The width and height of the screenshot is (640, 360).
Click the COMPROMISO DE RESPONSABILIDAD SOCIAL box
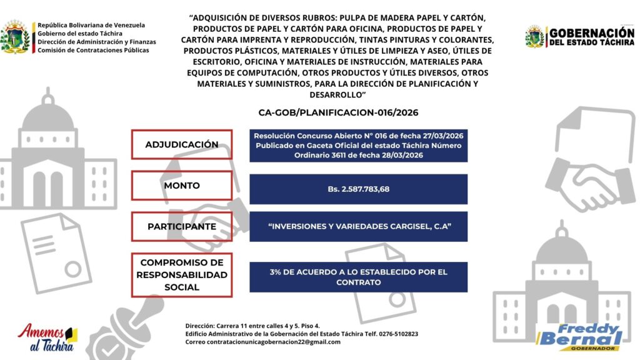click(x=182, y=275)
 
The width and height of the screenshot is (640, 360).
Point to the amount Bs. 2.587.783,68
click(x=358, y=188)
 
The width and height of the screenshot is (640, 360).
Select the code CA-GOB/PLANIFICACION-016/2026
click(x=338, y=113)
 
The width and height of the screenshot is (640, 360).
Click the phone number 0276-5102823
click(x=397, y=334)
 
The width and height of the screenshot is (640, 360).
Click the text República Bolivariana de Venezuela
click(x=91, y=25)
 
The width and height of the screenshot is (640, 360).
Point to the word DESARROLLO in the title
click(x=337, y=94)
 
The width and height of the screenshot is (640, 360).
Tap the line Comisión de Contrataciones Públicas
click(x=93, y=50)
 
